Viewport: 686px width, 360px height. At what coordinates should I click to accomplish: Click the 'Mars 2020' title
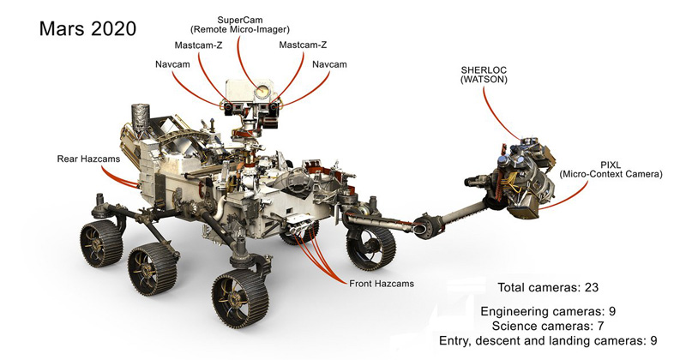click(x=87, y=28)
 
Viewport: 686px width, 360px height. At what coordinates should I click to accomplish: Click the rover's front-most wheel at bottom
click(x=238, y=305)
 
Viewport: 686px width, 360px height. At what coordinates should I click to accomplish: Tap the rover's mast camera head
click(x=250, y=100)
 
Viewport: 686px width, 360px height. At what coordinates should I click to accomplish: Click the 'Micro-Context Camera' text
click(x=610, y=175)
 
